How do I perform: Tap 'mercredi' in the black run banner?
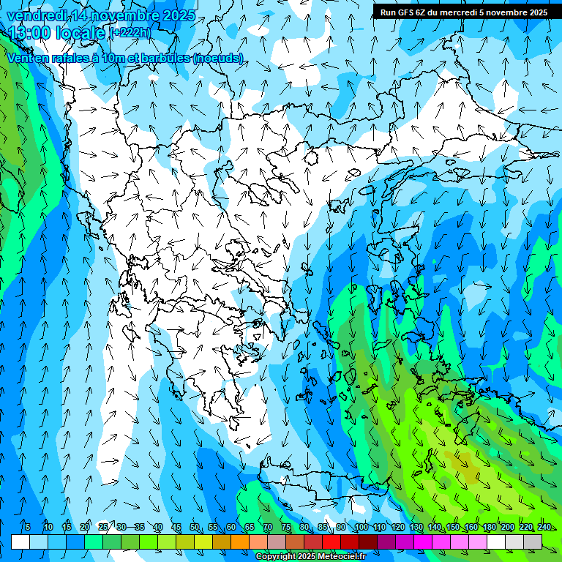tap(457, 12)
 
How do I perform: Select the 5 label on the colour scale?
tap(27, 527)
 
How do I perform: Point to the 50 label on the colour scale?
tap(194, 527)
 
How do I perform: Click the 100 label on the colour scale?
tap(361, 527)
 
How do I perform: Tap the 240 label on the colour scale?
tap(544, 527)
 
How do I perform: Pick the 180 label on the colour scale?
tap(489, 527)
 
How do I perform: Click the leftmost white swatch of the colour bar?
tap(20, 542)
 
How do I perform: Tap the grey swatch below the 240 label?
tap(533, 542)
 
